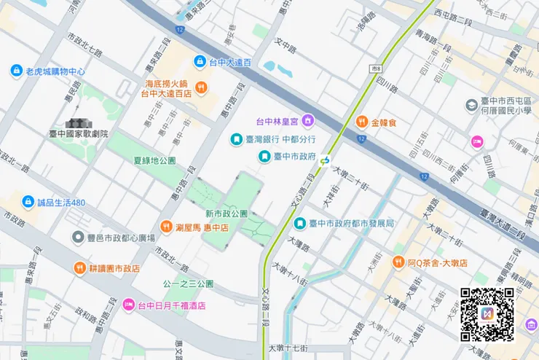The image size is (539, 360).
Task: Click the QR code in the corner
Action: [487, 315]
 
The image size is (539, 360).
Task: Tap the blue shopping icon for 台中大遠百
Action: [200, 63]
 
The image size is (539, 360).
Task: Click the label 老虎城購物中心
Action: [55, 71]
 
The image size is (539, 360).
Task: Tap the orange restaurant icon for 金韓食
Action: [361, 122]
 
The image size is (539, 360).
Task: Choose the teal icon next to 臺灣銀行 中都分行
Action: [236, 138]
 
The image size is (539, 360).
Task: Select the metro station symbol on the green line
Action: [325, 161]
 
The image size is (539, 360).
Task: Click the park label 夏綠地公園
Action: [154, 160]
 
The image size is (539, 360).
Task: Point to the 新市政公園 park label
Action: [227, 214]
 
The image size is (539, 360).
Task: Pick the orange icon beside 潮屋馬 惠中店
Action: [167, 227]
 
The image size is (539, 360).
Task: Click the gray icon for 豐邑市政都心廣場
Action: [79, 237]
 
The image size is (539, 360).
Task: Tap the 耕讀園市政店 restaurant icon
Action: [79, 268]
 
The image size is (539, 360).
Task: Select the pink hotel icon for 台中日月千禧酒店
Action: [128, 305]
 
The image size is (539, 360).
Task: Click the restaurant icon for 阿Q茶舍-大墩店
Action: [398, 262]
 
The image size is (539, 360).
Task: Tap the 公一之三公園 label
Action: [188, 283]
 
